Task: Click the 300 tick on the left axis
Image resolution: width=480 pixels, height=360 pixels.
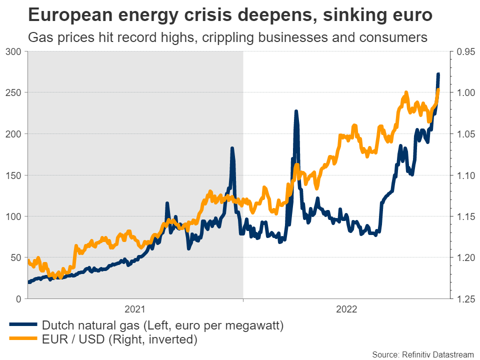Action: pos(14,51)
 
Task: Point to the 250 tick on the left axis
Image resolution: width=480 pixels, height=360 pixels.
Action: pos(14,92)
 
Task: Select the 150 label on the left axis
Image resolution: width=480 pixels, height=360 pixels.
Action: pos(14,175)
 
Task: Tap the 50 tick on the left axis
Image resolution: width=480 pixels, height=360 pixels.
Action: pos(16,257)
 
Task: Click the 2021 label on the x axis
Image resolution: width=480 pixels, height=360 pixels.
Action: pos(135,309)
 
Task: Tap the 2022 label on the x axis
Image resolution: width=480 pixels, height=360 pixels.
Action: pos(346,309)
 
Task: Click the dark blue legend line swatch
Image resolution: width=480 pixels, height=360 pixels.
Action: pos(23,326)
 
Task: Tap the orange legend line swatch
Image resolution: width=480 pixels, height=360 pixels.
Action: pos(23,340)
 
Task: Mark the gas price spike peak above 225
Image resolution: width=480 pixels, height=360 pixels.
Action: pos(296,111)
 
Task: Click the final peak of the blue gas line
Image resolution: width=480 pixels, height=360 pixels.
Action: pos(438,74)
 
